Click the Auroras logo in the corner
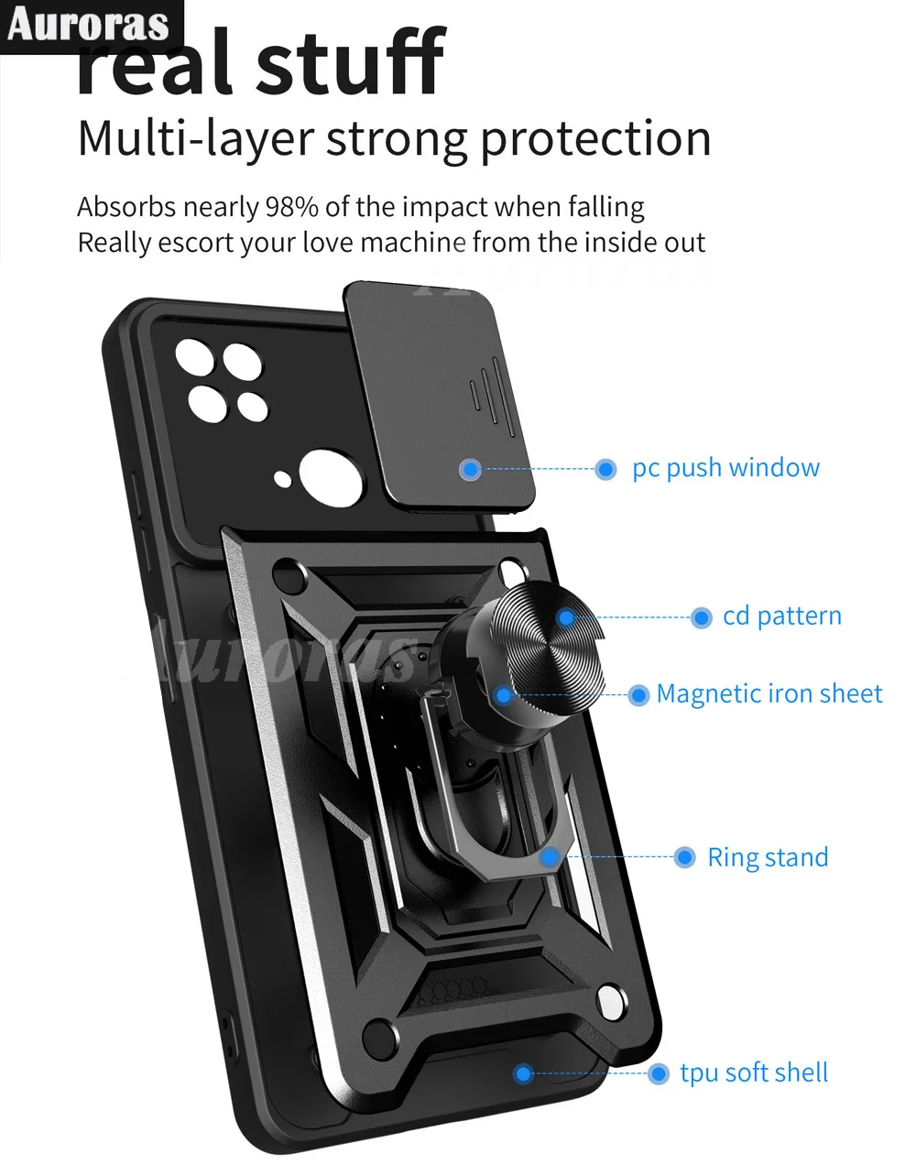(x=89, y=24)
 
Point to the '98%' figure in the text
(x=291, y=207)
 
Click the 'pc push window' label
(x=725, y=468)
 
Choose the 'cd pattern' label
(x=781, y=616)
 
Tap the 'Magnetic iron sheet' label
(x=769, y=694)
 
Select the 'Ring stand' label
(x=768, y=857)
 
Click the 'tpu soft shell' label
(x=754, y=1073)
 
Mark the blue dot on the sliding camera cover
(x=471, y=470)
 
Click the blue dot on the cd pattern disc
(x=566, y=618)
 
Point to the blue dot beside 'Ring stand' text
(x=684, y=857)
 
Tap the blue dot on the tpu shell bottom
(x=523, y=1073)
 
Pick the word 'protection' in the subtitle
(x=595, y=138)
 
